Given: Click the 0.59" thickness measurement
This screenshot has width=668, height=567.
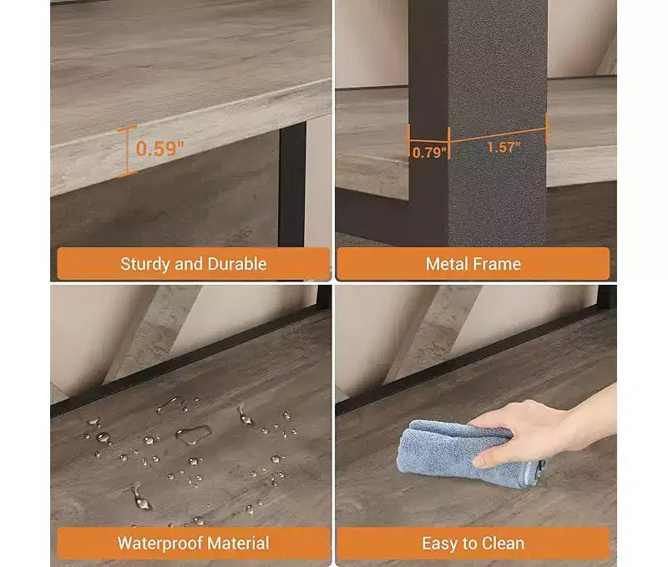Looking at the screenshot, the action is pos(159,149).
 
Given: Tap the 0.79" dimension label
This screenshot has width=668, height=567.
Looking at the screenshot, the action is pos(429,152).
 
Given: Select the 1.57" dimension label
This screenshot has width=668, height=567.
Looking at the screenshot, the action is pos(504,148).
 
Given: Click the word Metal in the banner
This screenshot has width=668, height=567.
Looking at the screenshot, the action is pos(447,264).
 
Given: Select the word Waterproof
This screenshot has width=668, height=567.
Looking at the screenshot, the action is pos(159,544).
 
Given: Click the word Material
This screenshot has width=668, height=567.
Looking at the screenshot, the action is pos(238,543).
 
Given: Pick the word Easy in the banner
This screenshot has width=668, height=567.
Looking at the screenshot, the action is pos(440,544).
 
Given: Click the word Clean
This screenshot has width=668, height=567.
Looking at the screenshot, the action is pos(503,543).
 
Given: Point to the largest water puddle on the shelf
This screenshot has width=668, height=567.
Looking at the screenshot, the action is pos(193,434).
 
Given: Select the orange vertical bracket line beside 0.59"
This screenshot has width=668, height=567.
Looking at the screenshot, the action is pos(127,151).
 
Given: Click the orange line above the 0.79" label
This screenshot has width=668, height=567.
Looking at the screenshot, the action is pos(429,140).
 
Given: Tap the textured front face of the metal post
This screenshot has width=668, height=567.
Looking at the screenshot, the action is pos(497,123).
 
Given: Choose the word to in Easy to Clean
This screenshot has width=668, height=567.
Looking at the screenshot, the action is pos(469,544).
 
